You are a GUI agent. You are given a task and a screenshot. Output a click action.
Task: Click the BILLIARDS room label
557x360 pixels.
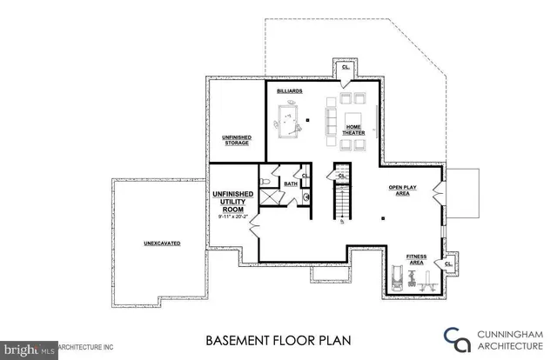click(x=289, y=90)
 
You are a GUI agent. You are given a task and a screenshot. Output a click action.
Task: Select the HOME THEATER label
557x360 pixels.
click(x=354, y=129)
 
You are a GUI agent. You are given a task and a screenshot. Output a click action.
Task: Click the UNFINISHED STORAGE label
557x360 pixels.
click(x=237, y=140)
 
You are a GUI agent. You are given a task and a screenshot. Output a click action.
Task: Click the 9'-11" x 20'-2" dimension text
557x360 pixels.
click(x=233, y=217)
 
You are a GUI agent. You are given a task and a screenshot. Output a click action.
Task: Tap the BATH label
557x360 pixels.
click(x=289, y=183)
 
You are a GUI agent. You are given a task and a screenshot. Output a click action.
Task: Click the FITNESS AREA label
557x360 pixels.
click(x=416, y=258)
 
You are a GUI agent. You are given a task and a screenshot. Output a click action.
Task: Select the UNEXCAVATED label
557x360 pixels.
click(x=162, y=243)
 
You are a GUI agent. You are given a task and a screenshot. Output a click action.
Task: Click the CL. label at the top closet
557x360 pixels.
click(x=346, y=67)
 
